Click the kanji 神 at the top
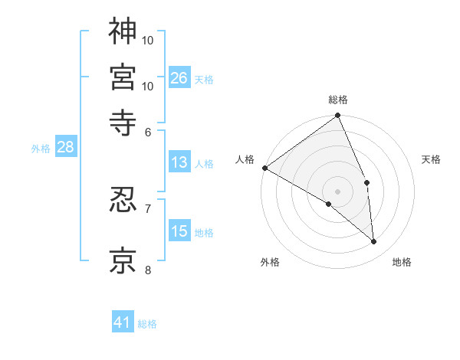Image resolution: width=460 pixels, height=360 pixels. (123, 31)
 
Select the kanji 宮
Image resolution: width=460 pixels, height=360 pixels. (123, 77)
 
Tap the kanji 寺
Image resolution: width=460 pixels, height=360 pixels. (123, 121)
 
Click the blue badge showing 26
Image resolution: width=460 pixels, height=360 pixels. (179, 77)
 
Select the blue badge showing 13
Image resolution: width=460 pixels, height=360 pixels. (179, 162)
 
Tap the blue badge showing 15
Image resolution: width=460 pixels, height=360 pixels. (179, 231)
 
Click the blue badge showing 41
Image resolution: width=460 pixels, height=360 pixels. (123, 322)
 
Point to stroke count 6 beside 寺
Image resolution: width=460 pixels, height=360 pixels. (148, 131)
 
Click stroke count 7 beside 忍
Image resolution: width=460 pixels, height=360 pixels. (148, 208)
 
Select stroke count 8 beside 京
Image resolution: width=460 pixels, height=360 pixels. (148, 270)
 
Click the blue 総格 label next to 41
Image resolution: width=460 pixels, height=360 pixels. (147, 324)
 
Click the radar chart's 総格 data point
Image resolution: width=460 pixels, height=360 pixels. (337, 116)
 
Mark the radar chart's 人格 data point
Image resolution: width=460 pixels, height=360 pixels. (264, 168)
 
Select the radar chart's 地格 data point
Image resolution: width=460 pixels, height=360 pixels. (374, 242)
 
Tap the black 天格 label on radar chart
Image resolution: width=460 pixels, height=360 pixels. (432, 159)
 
